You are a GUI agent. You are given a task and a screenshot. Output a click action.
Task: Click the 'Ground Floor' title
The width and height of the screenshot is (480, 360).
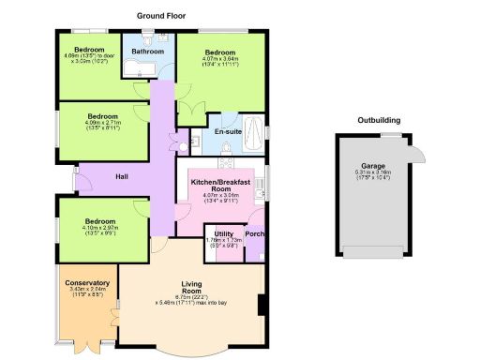(164, 16)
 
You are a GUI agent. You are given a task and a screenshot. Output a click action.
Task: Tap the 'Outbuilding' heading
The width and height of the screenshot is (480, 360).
(380, 120)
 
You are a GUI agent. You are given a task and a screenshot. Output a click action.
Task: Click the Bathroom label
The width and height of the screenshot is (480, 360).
(148, 51)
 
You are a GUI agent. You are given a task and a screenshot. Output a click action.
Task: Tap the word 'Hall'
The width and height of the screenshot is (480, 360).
(122, 175)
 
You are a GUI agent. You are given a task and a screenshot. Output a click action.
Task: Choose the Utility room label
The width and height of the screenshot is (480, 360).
(223, 233)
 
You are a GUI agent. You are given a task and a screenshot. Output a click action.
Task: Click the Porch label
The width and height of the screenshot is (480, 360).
(254, 233)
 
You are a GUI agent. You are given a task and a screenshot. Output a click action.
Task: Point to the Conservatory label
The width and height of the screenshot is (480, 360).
(87, 283)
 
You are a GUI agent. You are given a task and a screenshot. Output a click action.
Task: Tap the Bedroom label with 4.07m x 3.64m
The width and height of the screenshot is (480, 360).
(220, 52)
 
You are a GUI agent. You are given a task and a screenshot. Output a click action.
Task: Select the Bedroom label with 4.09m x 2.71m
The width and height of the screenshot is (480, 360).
(102, 116)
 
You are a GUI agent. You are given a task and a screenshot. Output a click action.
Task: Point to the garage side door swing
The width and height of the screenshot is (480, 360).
(414, 147)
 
